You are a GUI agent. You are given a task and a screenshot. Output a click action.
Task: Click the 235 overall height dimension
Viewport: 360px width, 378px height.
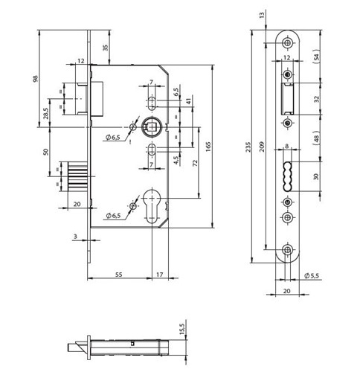(248, 147)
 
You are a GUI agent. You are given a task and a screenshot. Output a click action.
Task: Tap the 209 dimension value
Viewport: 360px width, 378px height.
(263, 147)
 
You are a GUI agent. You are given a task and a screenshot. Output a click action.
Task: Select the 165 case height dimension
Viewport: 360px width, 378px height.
(208, 147)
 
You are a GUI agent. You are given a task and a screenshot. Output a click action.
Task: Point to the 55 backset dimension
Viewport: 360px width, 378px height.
(119, 275)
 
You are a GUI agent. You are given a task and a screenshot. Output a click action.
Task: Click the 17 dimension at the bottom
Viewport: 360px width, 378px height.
(160, 275)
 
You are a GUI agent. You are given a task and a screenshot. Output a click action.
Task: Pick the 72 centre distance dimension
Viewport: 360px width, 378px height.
(195, 163)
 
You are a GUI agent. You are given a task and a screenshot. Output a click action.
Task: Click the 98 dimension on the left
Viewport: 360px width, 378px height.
(36, 79)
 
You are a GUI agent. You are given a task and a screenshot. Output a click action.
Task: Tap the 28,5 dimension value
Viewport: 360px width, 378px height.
(46, 113)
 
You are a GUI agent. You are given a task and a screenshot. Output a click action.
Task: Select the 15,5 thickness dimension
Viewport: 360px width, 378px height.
(182, 329)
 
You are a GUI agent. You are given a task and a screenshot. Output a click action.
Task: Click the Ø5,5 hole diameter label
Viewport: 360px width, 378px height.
(312, 275)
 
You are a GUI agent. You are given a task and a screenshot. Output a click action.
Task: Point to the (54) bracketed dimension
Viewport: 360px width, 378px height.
(316, 57)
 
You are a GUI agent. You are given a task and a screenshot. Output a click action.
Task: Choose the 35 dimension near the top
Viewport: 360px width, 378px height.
(106, 48)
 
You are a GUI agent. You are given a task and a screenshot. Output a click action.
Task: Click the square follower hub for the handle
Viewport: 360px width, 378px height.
(151, 127)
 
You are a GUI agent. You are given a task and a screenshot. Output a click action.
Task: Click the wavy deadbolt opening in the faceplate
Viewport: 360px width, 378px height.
(287, 176)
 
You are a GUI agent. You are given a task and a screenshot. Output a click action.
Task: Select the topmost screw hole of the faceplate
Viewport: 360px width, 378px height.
(288, 43)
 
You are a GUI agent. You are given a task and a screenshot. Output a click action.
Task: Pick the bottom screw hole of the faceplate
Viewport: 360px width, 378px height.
(288, 250)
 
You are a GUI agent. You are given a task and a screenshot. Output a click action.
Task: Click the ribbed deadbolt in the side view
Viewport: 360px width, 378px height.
(77, 176)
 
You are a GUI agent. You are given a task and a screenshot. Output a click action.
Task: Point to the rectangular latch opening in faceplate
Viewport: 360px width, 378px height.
(287, 99)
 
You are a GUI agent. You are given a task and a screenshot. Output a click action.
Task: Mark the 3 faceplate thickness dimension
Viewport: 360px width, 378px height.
(75, 237)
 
